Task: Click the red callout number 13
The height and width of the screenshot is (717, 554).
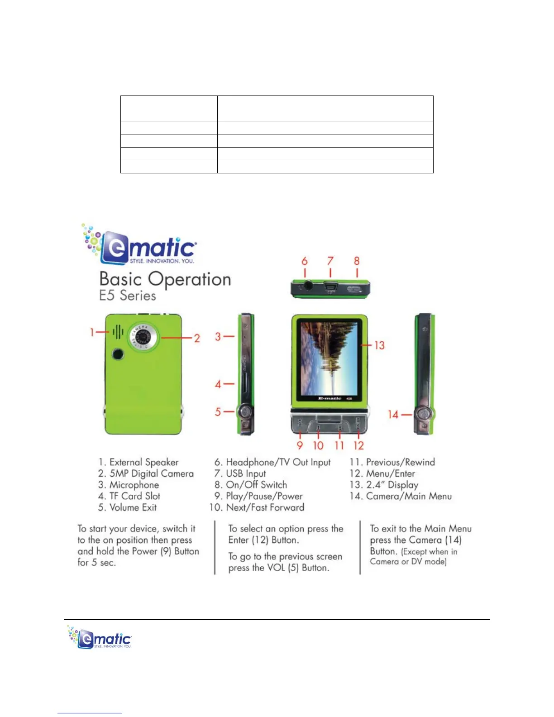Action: coord(379,345)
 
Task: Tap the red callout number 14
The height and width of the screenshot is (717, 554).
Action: coord(393,414)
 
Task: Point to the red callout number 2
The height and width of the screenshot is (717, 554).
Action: coord(197,338)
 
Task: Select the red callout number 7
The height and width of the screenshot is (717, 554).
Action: coord(330,261)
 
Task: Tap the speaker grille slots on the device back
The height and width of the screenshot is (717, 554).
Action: coord(118,332)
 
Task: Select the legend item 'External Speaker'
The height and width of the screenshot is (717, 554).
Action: coord(138,462)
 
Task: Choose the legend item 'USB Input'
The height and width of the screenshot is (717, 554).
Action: coord(240,473)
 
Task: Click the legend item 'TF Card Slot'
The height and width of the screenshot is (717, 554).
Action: coord(129,496)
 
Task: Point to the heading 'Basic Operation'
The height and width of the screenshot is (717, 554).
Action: coord(165,279)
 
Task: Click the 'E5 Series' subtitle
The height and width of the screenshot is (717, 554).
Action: coord(128,296)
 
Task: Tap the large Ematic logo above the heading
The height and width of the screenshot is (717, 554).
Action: coord(140,245)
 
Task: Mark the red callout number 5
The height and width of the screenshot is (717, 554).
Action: coord(218,412)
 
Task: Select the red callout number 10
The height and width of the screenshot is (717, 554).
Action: coord(318,446)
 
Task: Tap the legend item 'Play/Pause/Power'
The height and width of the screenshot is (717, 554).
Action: coord(258,496)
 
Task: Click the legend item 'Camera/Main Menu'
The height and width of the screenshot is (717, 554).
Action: coord(401,496)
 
